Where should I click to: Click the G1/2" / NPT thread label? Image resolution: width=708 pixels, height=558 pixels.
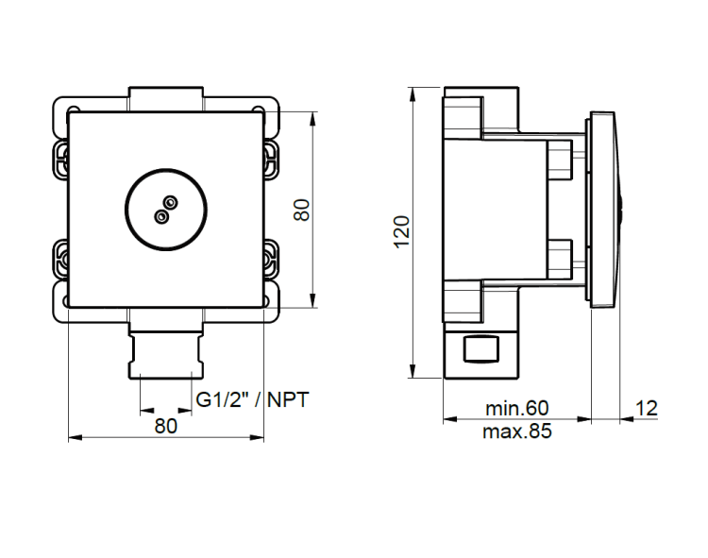(x=252, y=400)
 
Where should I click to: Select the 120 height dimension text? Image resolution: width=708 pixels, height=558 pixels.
(x=402, y=231)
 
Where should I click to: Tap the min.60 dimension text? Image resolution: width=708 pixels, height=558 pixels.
(x=517, y=408)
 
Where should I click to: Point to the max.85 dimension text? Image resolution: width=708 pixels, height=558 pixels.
(x=517, y=431)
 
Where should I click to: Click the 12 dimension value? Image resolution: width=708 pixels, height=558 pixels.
(x=647, y=409)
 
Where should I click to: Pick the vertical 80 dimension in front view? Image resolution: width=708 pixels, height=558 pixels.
(x=302, y=210)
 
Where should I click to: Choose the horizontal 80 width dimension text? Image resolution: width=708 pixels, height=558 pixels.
(x=166, y=426)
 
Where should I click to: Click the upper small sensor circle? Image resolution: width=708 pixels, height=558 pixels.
(x=171, y=202)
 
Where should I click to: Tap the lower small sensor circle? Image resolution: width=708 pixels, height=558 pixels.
(x=161, y=217)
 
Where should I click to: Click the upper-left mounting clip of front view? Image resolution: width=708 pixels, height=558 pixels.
(x=60, y=160)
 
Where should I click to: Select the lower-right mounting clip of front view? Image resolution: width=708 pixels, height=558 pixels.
(x=271, y=260)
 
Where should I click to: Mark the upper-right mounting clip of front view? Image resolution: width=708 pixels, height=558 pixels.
(x=271, y=160)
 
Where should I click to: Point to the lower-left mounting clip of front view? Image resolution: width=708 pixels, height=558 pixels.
(x=60, y=260)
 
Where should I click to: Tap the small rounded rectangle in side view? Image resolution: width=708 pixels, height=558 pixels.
(x=481, y=349)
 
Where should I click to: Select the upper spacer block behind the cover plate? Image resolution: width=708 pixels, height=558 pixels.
(x=560, y=161)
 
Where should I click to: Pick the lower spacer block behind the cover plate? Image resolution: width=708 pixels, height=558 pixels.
(x=560, y=259)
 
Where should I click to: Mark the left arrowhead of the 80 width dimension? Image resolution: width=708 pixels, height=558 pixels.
(x=75, y=437)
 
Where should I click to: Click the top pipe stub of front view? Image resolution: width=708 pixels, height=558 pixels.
(x=166, y=99)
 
